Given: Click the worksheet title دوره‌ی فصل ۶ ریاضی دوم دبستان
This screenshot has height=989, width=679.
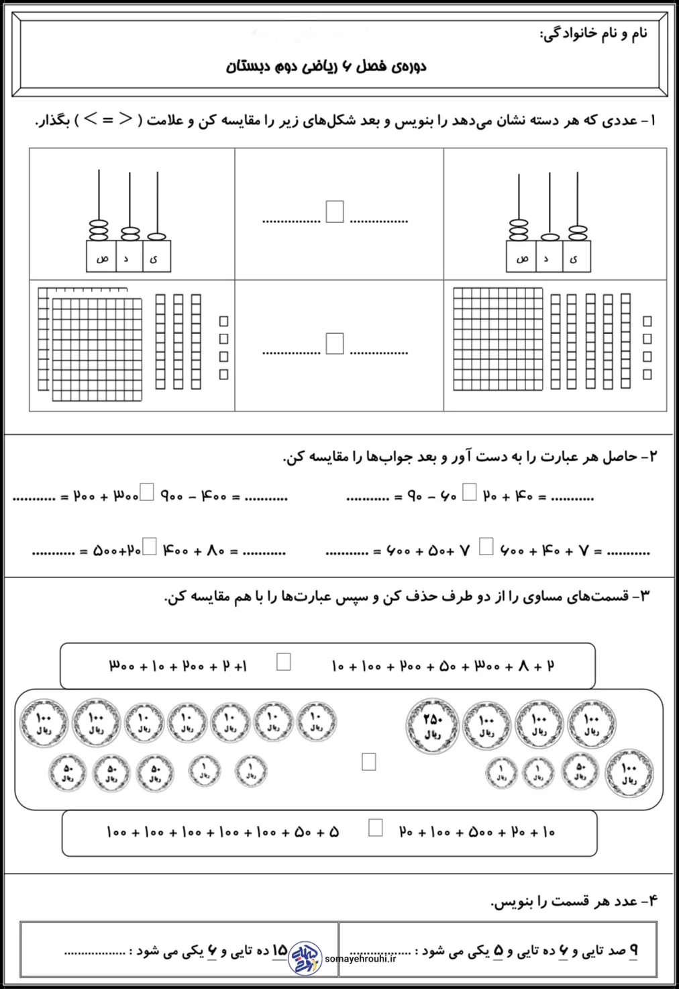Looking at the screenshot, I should (326, 66).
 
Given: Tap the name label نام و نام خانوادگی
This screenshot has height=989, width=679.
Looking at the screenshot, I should (594, 34).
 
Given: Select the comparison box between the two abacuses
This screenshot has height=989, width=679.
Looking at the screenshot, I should (335, 211).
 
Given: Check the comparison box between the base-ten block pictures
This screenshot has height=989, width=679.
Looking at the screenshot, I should (335, 343).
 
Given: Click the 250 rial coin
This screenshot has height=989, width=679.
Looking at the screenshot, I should (433, 725).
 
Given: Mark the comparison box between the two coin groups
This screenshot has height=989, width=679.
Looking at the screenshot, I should (368, 761).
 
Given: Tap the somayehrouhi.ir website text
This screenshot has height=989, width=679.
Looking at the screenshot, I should (360, 959).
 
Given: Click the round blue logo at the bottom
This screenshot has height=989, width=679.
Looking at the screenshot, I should (305, 957).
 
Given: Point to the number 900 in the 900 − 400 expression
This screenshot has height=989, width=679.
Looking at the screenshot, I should (172, 497).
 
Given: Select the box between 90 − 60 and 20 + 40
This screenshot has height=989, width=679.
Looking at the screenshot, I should (470, 493).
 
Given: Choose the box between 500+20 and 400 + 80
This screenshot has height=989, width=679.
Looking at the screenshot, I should (150, 547).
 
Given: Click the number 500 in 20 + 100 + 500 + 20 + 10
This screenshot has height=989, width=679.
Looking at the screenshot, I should (480, 833).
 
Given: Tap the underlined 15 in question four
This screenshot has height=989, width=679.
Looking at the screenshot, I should (279, 950).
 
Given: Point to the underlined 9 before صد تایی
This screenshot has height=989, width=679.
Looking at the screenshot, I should (633, 950).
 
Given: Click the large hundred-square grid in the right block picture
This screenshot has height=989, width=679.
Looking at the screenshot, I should (498, 338).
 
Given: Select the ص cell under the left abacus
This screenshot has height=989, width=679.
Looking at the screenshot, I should (101, 258).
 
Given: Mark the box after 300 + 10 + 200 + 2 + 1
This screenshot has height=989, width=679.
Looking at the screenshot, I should (284, 662).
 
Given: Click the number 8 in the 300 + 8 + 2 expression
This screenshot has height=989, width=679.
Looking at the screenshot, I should (524, 666).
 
